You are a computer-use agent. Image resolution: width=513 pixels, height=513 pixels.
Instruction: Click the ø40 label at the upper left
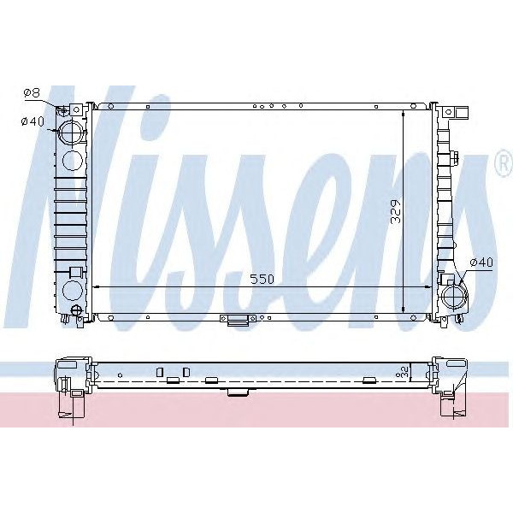32,121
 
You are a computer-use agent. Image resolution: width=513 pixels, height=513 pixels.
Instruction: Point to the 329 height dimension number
395,209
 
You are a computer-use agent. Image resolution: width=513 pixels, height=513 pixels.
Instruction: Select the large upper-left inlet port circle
70,134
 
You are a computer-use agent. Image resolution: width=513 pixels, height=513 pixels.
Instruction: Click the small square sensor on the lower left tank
74,272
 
